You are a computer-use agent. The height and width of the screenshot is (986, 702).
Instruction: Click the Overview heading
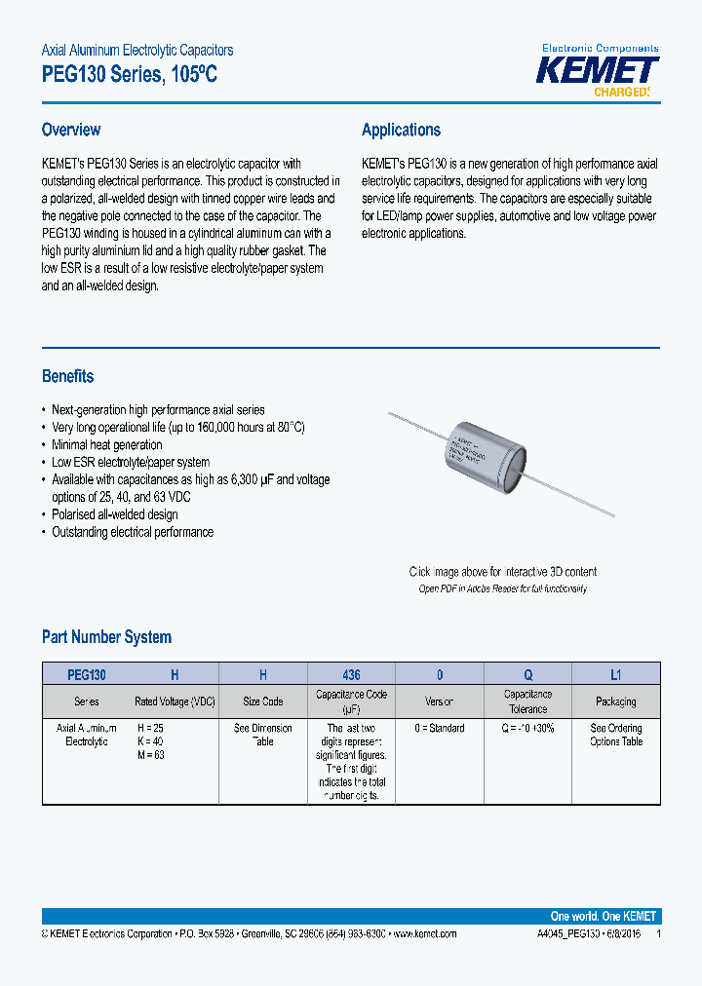pyautogui.click(x=71, y=130)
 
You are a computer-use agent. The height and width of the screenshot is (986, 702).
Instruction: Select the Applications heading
pyautogui.click(x=401, y=130)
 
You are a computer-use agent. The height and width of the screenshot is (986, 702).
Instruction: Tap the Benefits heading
pyautogui.click(x=67, y=376)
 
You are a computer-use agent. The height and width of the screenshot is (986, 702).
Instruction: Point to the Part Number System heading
pyautogui.click(x=106, y=637)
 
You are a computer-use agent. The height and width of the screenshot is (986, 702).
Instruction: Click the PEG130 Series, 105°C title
pyautogui.click(x=129, y=73)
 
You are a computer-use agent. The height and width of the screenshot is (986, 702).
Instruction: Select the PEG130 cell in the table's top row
pyautogui.click(x=87, y=674)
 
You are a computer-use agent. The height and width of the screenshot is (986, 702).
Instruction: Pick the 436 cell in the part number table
pyautogui.click(x=351, y=674)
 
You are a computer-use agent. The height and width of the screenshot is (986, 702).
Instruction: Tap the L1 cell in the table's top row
pyautogui.click(x=616, y=674)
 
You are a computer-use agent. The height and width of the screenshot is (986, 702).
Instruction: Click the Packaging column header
pyautogui.click(x=616, y=702)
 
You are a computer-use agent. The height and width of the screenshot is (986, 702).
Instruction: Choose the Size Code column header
pyautogui.click(x=262, y=702)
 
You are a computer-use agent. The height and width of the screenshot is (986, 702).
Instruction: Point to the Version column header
pyautogui.click(x=440, y=702)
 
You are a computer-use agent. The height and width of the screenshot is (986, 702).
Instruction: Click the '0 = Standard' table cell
pyautogui.click(x=440, y=729)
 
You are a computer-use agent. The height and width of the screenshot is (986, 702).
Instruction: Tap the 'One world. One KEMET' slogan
pyautogui.click(x=604, y=916)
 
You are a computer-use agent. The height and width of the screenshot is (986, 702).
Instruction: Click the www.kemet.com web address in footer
pyautogui.click(x=423, y=933)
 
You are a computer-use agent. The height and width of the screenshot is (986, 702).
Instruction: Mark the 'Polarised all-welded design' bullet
pyautogui.click(x=115, y=514)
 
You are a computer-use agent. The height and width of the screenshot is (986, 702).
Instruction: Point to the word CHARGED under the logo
pyautogui.click(x=621, y=93)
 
